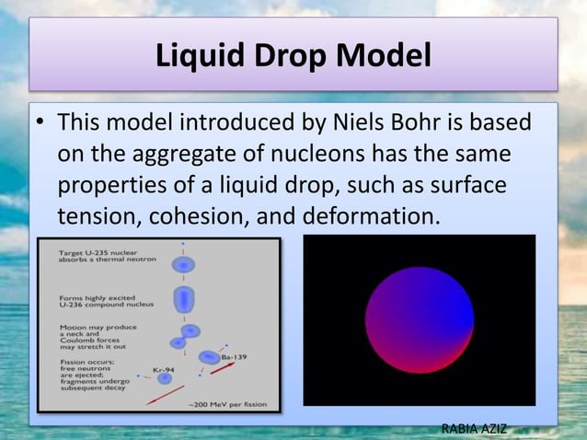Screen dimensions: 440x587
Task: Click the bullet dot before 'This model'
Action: (x=40, y=123)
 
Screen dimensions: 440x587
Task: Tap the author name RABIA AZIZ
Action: (x=475, y=428)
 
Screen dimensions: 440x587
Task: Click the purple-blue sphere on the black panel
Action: (x=420, y=319)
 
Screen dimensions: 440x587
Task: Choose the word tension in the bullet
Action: (x=95, y=217)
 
